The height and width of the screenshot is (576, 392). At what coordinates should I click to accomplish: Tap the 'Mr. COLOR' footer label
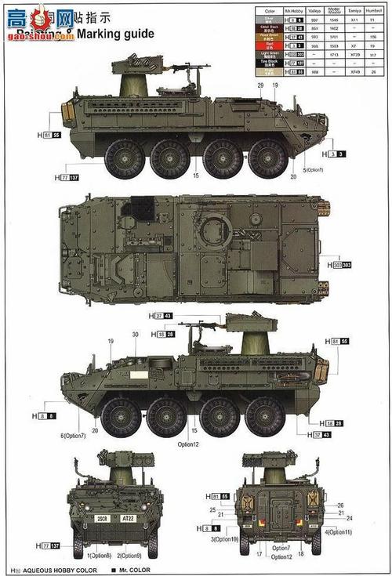[134, 569]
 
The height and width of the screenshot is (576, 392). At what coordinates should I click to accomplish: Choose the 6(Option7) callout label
[71, 435]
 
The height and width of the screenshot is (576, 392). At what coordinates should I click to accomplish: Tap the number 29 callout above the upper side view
[260, 84]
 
